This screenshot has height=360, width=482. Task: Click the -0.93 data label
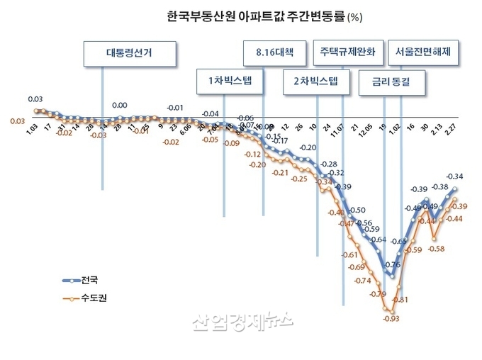[x=391, y=319]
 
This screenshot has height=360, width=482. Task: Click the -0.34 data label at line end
[x=454, y=176]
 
